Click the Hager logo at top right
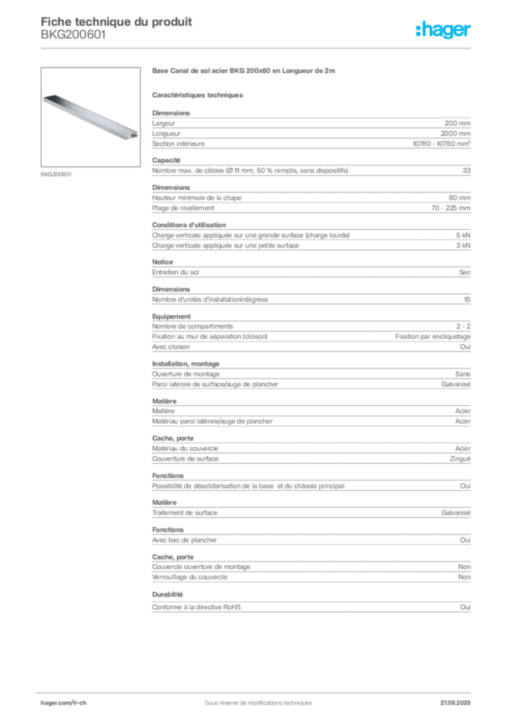443,29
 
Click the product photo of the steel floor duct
90,117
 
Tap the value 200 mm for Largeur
457,123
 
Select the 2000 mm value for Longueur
455,134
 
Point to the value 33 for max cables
466,171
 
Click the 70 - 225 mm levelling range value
451,208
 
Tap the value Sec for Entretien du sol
464,272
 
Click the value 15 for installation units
467,300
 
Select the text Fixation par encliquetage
433,337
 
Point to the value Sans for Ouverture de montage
463,374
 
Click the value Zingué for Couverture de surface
460,459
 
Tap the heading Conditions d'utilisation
189,225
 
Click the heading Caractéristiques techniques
197,95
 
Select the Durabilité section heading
167,594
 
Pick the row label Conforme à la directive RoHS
197,607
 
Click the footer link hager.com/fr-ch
64,703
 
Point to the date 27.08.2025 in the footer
455,703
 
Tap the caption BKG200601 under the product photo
56,174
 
